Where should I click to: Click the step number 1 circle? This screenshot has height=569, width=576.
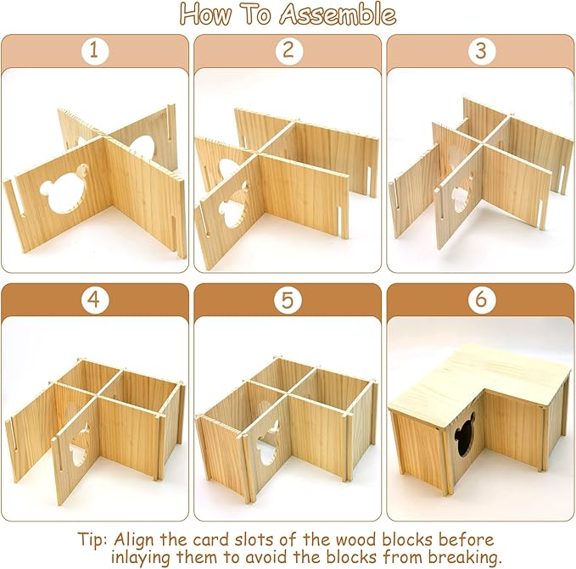(95, 51)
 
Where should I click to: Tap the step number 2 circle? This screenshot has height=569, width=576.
(288, 51)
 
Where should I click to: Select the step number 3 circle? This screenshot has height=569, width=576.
(480, 51)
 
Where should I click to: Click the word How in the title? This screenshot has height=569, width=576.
(211, 14)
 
